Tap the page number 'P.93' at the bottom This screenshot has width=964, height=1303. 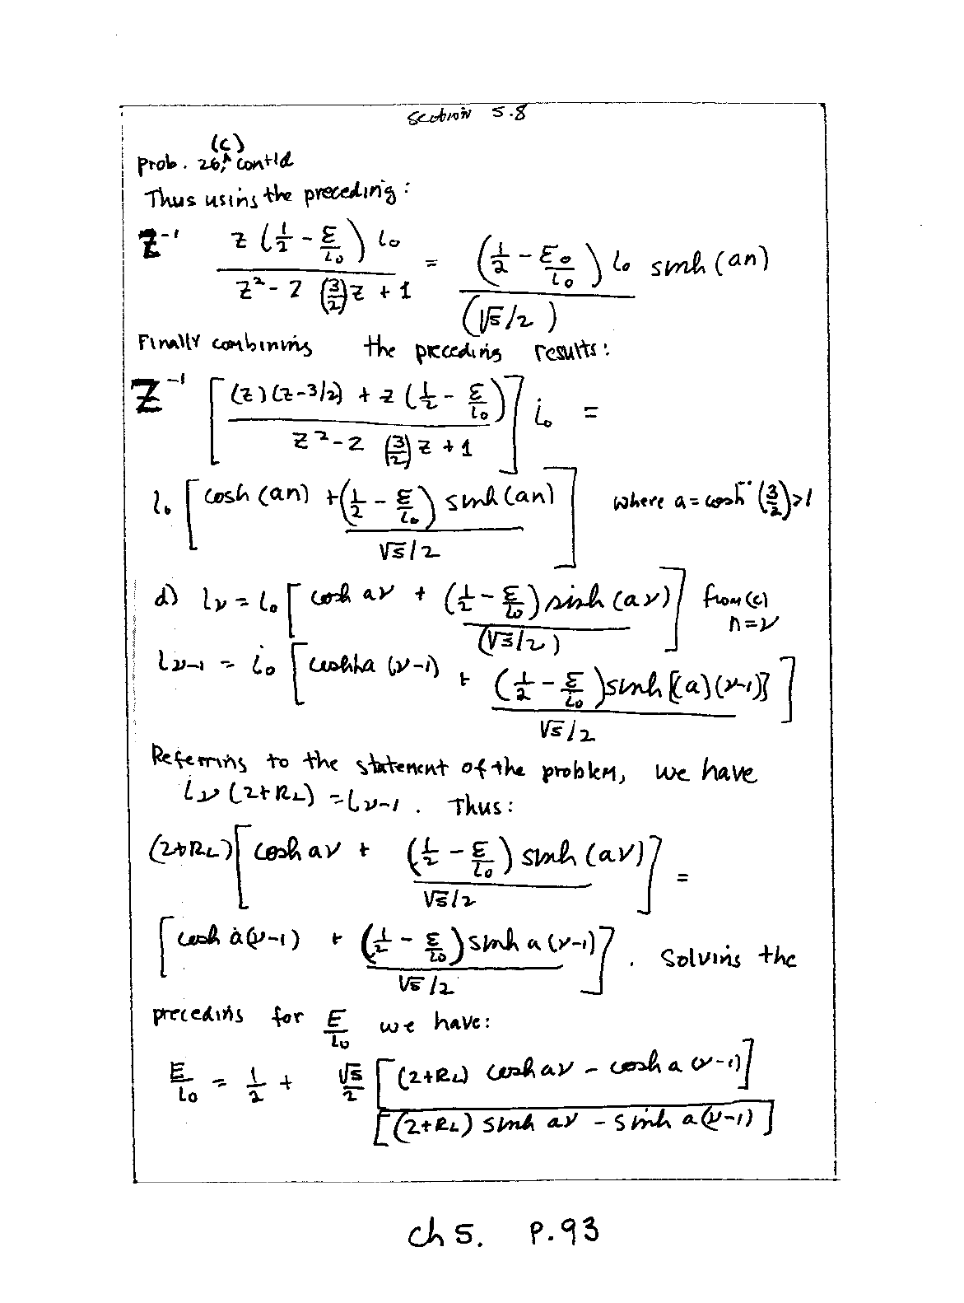coord(560,1233)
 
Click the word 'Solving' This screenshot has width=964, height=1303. coord(701,959)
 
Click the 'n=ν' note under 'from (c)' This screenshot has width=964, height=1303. coord(754,624)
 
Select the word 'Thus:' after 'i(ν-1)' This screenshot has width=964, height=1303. coord(481,806)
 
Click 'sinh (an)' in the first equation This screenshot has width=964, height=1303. coord(709,264)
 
